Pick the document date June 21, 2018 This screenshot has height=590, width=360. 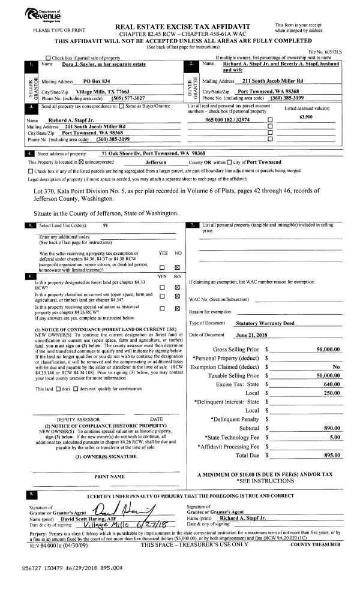(x=253, y=335)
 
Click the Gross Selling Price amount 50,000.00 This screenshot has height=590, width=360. (x=328, y=349)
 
